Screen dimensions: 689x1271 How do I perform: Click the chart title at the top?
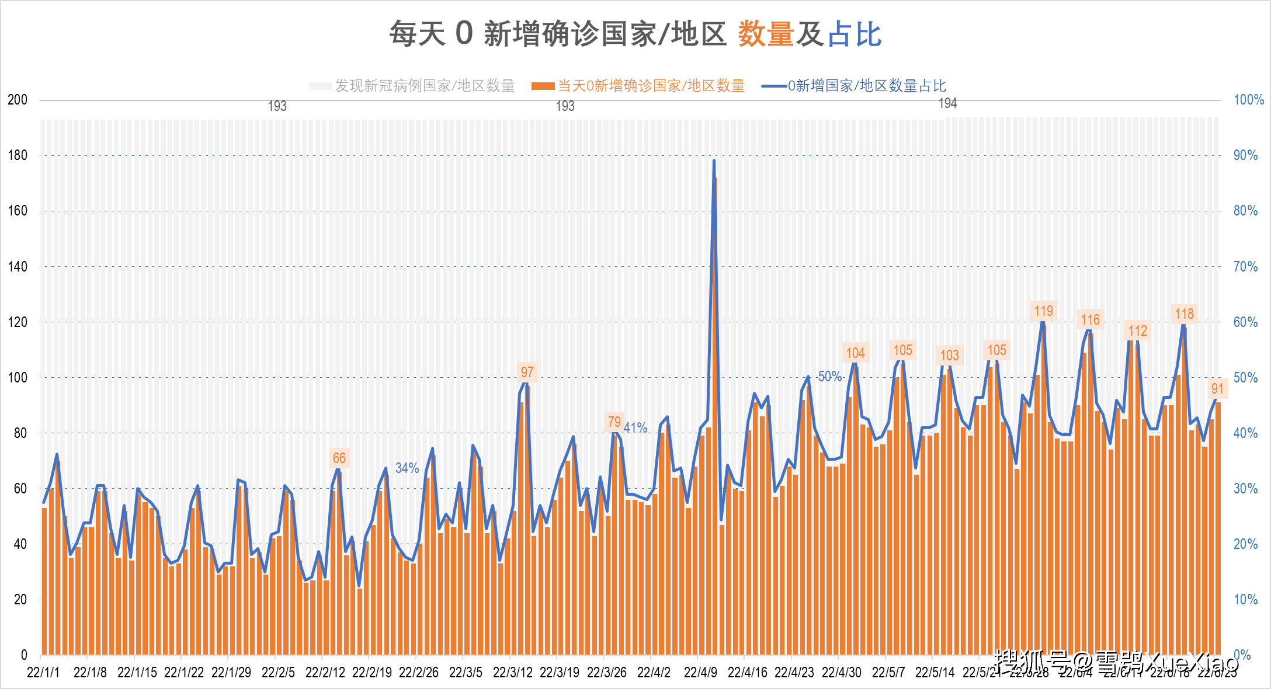[x=635, y=34]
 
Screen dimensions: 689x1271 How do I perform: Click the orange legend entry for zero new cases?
[x=638, y=86]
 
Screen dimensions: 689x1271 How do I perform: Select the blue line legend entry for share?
[x=854, y=86]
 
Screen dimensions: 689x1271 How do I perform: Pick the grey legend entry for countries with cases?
[x=412, y=86]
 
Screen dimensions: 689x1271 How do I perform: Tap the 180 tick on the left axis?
[x=18, y=155]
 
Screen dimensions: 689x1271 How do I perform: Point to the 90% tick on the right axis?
[x=1245, y=155]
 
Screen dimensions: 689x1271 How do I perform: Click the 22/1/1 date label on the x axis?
[x=43, y=673]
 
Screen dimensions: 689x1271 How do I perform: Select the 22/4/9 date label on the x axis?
[x=700, y=673]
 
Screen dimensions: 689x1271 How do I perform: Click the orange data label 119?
[x=1043, y=311]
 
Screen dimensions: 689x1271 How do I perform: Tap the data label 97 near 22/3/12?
[x=527, y=373]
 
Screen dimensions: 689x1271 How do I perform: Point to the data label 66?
[x=339, y=458]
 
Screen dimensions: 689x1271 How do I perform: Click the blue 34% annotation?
[x=407, y=468]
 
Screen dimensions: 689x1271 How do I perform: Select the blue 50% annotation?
[x=829, y=377]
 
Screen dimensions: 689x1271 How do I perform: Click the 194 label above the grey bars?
[x=947, y=104]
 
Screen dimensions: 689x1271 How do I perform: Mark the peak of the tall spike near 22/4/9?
[x=714, y=161]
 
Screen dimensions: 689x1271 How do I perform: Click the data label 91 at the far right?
[x=1217, y=389]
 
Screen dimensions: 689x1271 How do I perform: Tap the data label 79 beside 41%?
[x=614, y=422]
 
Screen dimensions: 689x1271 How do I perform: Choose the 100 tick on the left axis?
[x=18, y=378]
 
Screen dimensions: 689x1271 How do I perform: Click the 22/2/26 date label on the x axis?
[x=419, y=673]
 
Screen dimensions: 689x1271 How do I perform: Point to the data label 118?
[x=1184, y=314]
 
